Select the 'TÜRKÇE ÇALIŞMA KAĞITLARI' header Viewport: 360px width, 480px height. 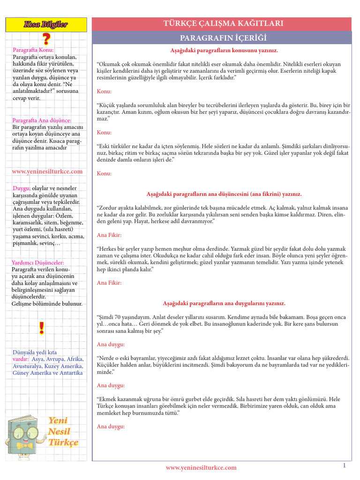[x=223, y=23]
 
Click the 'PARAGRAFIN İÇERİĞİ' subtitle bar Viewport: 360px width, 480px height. [x=223, y=37]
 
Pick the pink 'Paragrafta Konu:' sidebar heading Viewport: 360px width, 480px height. [x=33, y=50]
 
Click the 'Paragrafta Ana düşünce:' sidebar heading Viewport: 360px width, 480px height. [x=42, y=120]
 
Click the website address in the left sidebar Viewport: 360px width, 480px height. [x=47, y=172]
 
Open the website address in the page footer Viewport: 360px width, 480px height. [x=201, y=467]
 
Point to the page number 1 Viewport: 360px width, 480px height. [x=344, y=465]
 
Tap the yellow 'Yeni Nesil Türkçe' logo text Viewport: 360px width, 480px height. [x=63, y=431]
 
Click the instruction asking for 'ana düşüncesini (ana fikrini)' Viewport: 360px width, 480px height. [x=224, y=194]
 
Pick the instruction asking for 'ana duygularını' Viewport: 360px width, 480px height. [x=224, y=303]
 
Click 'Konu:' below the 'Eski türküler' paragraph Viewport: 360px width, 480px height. [x=104, y=173]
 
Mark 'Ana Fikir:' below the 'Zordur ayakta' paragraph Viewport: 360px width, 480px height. [x=109, y=234]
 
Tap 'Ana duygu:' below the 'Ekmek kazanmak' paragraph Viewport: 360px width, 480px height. [x=111, y=427]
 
